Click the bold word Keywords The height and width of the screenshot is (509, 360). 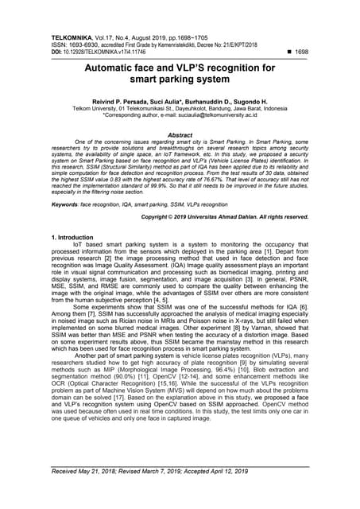coord(64,205)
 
